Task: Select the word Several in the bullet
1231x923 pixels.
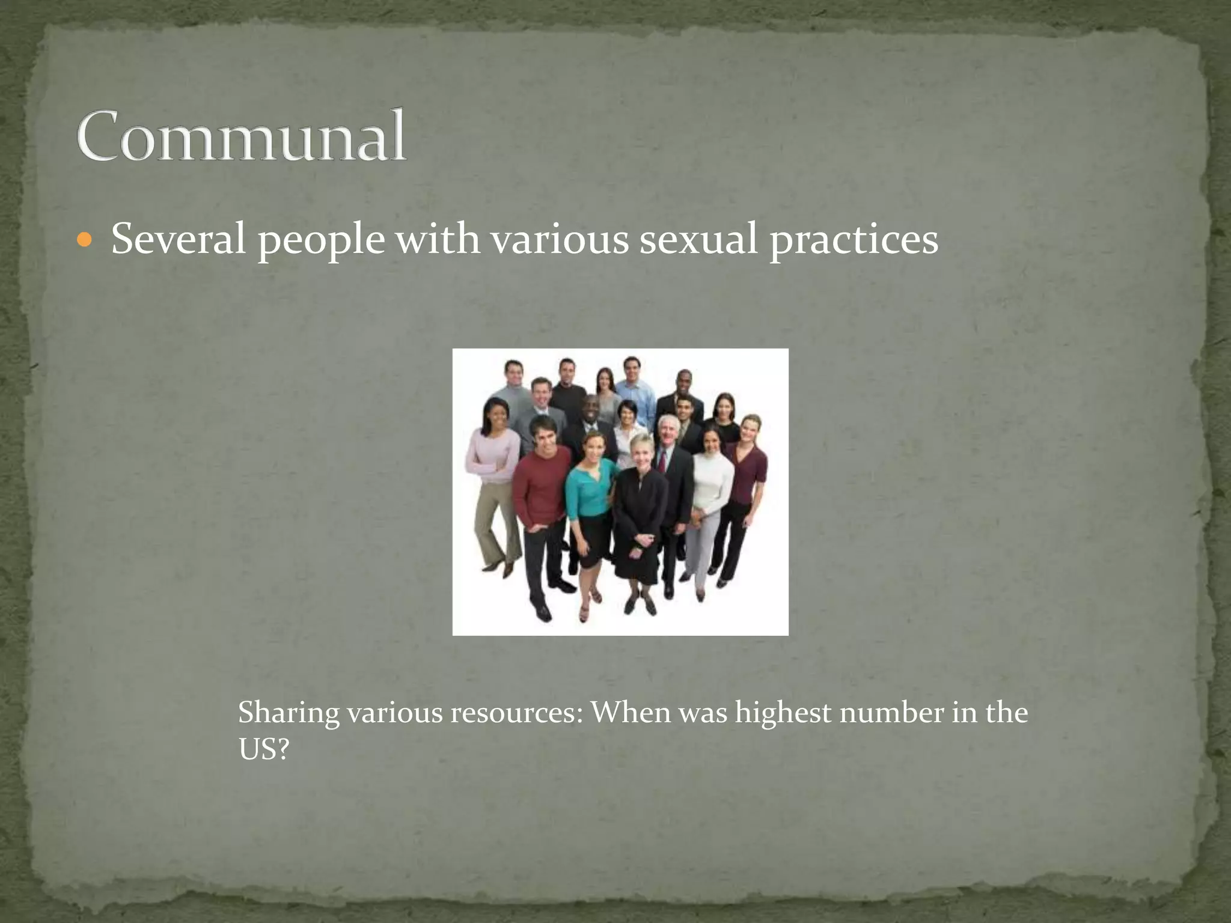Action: (179, 239)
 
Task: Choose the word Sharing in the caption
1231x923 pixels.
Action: (289, 714)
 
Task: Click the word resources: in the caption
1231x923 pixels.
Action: (518, 714)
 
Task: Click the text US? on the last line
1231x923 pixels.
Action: (264, 749)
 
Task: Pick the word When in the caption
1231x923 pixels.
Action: (631, 714)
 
